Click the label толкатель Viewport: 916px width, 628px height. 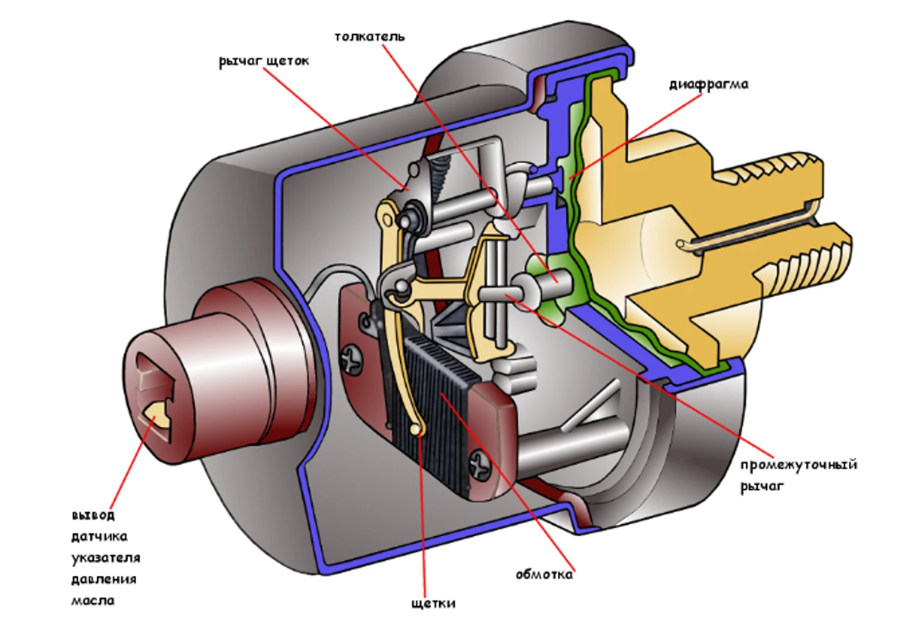[370, 37]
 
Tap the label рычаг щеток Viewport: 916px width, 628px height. [264, 62]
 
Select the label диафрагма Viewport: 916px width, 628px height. [709, 85]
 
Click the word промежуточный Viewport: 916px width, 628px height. [799, 465]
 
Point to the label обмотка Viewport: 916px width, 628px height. [545, 575]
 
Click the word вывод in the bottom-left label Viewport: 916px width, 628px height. [93, 515]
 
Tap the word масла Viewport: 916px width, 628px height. [93, 601]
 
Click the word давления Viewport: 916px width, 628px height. [104, 579]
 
